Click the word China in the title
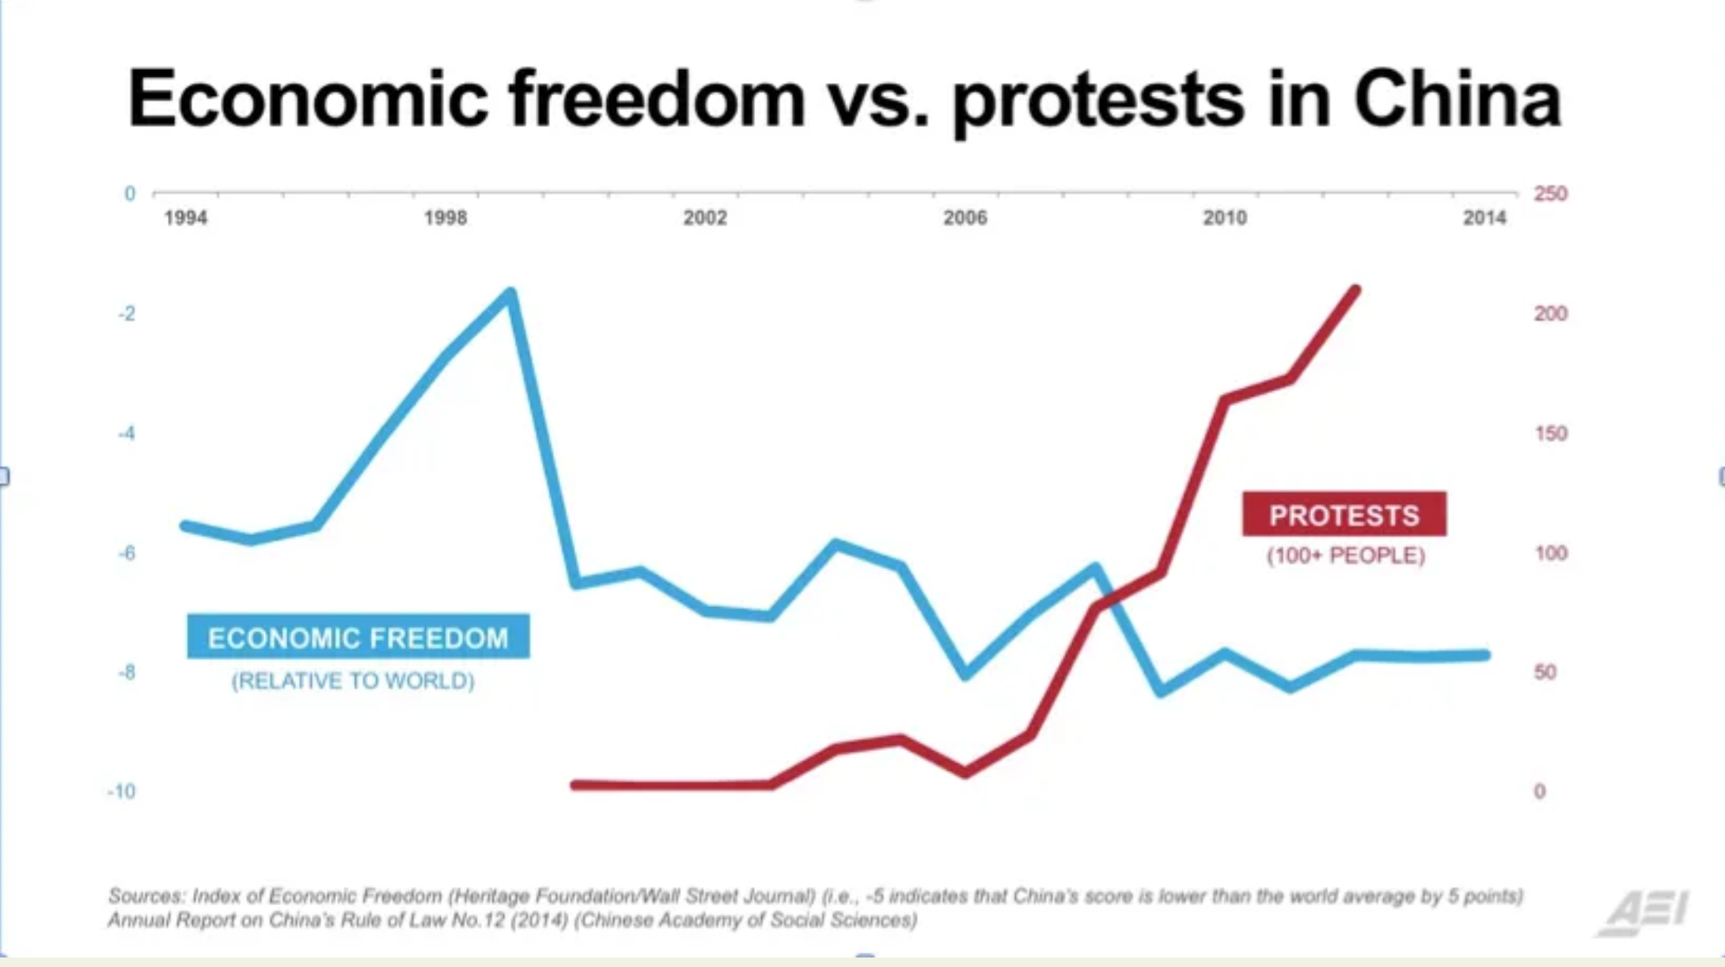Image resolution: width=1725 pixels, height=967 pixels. click(x=1457, y=100)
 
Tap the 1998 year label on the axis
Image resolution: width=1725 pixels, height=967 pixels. click(x=445, y=218)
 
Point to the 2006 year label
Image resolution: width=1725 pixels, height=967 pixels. click(x=965, y=218)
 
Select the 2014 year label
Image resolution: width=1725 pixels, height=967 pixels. click(x=1484, y=218)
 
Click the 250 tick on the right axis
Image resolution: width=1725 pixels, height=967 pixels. click(x=1550, y=194)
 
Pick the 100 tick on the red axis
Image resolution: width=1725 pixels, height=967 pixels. click(x=1550, y=553)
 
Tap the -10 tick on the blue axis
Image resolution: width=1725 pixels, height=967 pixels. click(x=122, y=791)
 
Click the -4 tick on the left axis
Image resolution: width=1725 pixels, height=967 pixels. click(x=127, y=434)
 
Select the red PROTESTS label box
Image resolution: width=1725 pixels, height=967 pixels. click(x=1344, y=515)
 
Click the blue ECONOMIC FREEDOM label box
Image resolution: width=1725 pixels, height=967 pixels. click(x=358, y=637)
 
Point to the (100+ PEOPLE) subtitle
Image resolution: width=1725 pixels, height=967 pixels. click(x=1345, y=556)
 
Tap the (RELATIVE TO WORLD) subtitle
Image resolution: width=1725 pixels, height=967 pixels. click(x=353, y=681)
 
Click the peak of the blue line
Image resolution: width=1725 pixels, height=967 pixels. click(x=511, y=294)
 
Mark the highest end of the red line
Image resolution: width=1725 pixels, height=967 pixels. click(x=1356, y=290)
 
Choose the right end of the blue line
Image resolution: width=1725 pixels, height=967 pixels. click(x=1485, y=655)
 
